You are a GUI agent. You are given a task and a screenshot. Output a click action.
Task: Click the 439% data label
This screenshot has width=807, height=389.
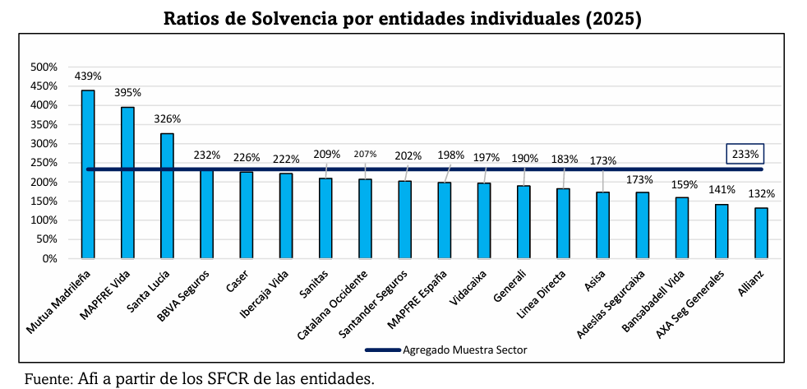88,76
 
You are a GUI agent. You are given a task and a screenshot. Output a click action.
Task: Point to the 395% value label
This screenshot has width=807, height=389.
127,93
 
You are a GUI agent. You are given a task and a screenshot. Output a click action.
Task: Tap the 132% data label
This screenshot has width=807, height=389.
762,194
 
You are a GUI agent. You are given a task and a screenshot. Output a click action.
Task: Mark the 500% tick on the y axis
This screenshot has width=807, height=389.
44,67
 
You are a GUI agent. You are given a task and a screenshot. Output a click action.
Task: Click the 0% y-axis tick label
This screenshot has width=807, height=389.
48,258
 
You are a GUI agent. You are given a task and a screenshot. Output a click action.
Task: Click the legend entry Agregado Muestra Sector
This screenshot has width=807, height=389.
464,350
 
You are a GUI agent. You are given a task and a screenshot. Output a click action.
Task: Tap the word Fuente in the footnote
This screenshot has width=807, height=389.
48,379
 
